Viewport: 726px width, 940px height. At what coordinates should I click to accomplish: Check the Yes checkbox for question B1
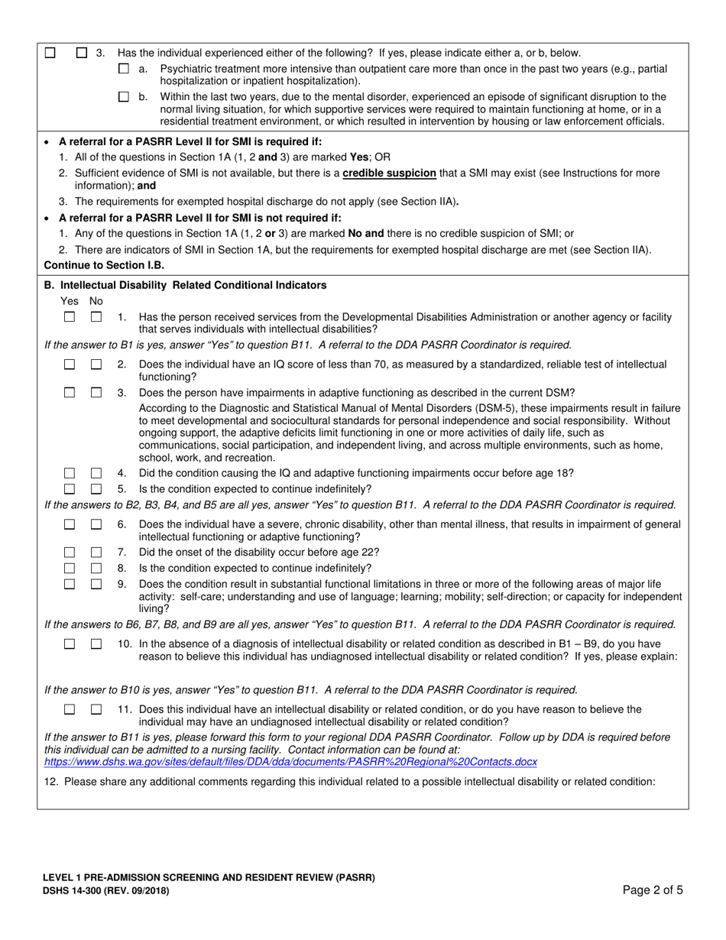pos(70,316)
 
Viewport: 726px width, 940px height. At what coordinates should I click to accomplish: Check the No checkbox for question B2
pos(96,365)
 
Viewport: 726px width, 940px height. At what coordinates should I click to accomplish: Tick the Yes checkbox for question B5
pos(70,489)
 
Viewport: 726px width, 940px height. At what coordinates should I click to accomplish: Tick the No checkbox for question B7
pos(96,553)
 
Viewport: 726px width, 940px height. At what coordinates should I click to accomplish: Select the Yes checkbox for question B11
pos(70,709)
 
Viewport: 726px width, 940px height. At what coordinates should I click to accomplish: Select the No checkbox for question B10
pos(96,644)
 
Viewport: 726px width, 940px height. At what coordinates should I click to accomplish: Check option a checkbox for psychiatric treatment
pos(124,70)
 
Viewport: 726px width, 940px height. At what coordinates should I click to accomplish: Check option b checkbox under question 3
pos(124,97)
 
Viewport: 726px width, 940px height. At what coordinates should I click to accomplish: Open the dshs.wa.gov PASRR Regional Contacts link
pos(290,762)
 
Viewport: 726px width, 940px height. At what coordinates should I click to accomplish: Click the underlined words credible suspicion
pos(389,173)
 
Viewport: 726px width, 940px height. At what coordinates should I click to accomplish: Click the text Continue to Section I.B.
pos(103,265)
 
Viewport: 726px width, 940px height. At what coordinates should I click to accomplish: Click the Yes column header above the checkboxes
pos(69,301)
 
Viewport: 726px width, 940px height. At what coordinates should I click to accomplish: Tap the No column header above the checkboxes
pos(96,301)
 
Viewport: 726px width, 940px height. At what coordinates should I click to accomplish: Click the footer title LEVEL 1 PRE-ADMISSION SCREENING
pos(209,877)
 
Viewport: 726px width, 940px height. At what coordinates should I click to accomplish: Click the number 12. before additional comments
pos(53,781)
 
